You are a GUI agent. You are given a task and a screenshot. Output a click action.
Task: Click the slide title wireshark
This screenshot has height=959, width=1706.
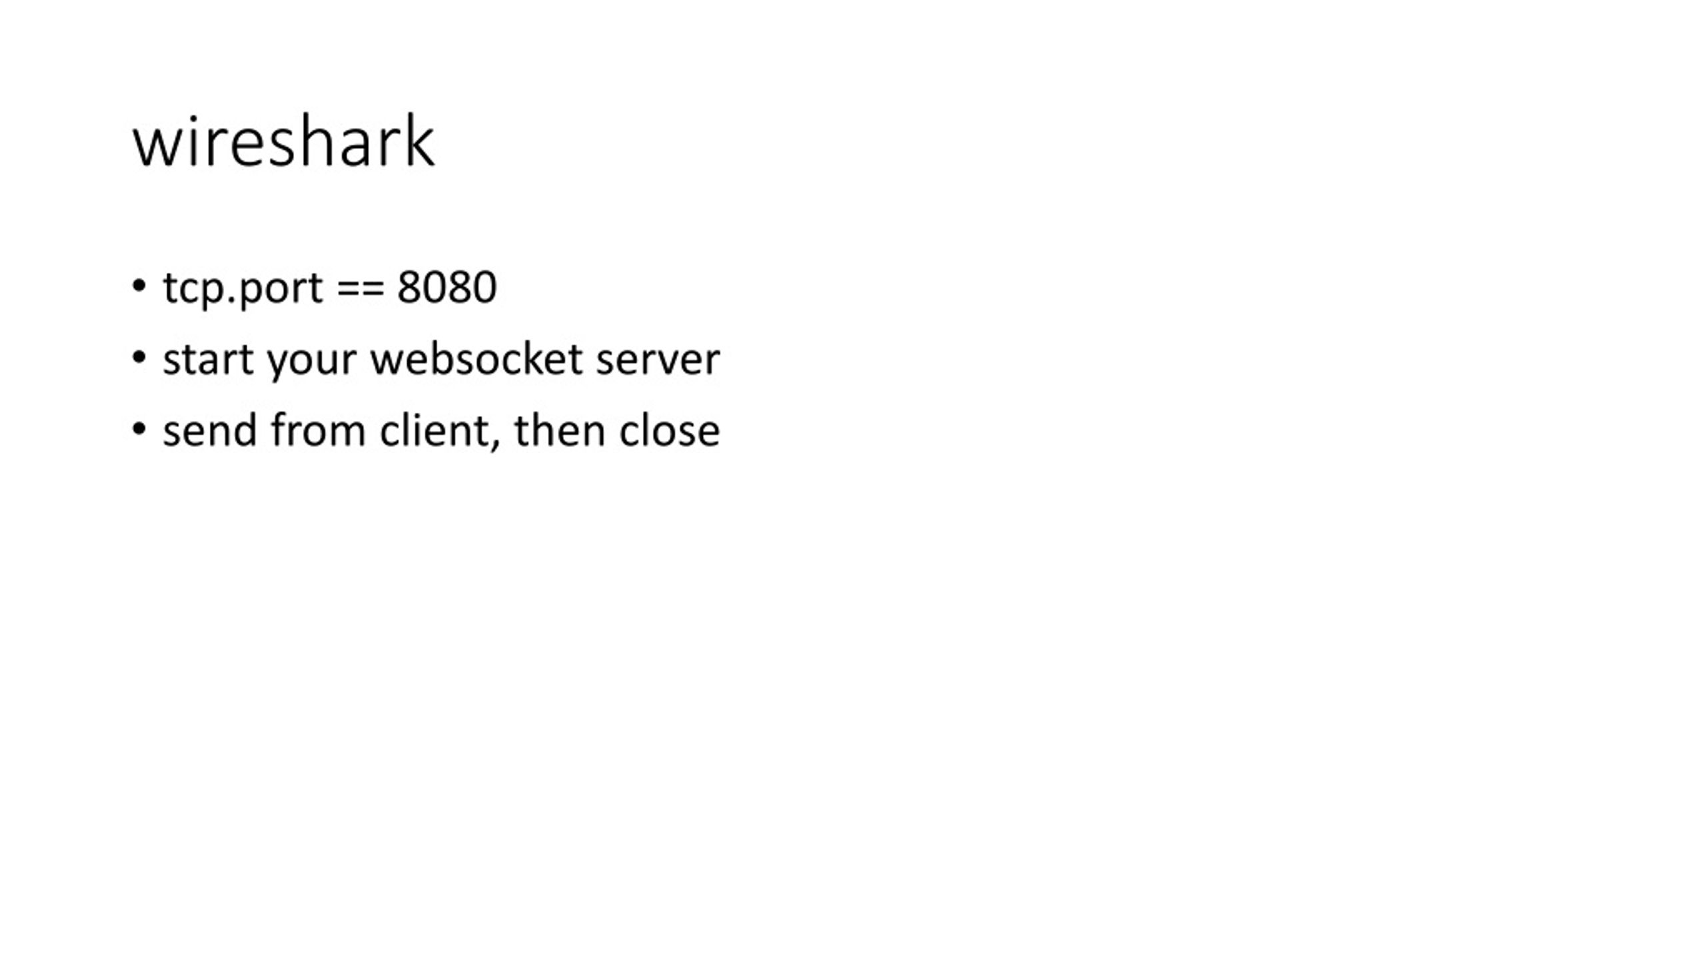click(x=284, y=141)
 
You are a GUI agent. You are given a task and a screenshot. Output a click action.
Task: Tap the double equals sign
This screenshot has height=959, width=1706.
click(x=361, y=288)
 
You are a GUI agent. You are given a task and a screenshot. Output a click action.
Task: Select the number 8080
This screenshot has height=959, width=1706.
click(x=446, y=287)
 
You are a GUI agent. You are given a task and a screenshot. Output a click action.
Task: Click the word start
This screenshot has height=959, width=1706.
click(x=208, y=360)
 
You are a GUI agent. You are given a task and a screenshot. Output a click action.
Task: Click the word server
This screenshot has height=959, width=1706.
click(x=658, y=361)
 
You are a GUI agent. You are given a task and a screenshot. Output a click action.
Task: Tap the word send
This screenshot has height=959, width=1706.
click(x=210, y=430)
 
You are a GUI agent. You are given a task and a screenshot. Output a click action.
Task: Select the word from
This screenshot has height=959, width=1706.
click(x=319, y=430)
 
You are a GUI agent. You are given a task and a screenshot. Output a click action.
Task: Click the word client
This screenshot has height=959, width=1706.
click(x=434, y=430)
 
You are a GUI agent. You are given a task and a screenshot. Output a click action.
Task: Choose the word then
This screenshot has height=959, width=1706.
click(x=559, y=430)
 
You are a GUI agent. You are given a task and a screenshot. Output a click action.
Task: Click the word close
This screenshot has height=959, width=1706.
click(x=669, y=430)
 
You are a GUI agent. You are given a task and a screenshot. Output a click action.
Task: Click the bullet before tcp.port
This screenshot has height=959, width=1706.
click(x=139, y=286)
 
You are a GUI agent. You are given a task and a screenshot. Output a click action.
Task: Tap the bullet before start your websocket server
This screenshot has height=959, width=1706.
click(x=139, y=358)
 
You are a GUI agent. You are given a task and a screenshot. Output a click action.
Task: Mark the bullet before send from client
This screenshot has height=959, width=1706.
click(x=139, y=429)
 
